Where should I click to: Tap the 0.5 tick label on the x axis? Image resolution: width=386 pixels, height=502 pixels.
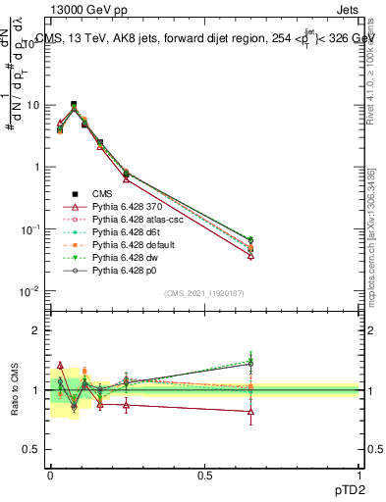coord(204,474)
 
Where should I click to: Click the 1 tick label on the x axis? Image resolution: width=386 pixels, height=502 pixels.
coord(359,474)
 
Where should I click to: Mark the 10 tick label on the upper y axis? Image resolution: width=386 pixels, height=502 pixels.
coord(32,105)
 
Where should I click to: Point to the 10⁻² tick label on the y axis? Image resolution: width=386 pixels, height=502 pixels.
coord(29,291)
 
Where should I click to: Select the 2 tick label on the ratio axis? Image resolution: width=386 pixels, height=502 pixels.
coord(36,330)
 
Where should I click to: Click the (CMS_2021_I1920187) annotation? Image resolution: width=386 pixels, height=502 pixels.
coord(204,293)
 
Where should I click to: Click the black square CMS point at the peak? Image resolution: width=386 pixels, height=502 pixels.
coord(74,104)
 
